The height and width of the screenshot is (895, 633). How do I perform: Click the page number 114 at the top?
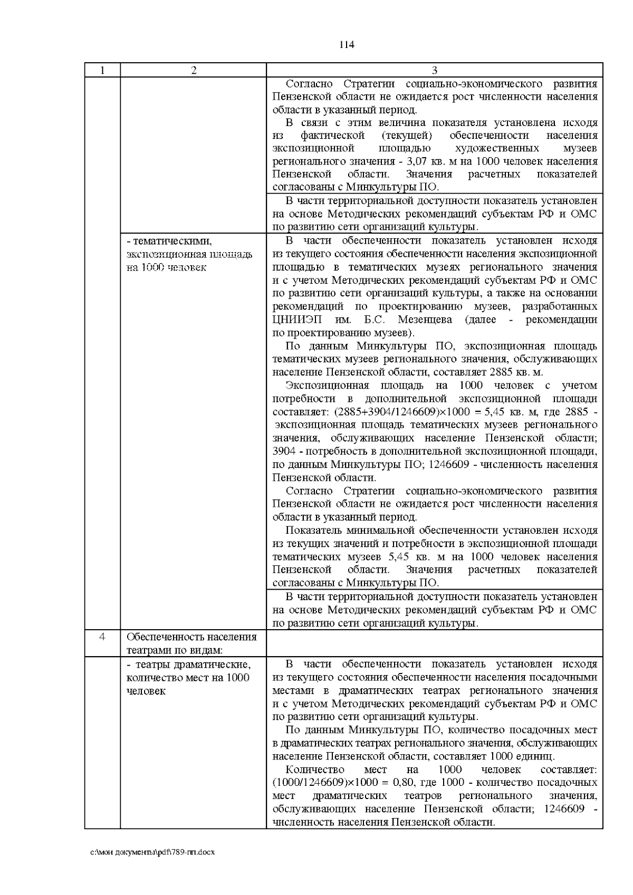point(346,45)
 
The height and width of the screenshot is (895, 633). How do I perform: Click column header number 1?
point(102,70)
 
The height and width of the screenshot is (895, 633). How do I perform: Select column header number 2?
point(193,70)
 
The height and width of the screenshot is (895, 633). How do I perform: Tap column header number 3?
point(434,70)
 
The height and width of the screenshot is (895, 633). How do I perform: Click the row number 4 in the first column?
point(102,637)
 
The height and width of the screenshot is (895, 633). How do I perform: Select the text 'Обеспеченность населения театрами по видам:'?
point(191,643)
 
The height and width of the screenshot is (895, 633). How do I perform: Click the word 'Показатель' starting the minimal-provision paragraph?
point(313,531)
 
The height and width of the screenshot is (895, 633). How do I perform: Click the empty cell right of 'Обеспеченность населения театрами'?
point(434,643)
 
